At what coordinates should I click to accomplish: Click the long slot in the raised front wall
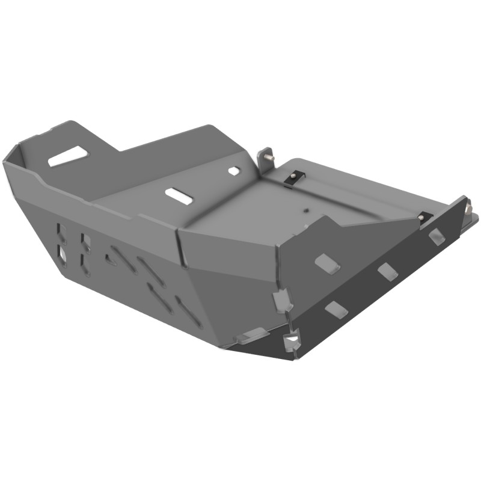[68, 156]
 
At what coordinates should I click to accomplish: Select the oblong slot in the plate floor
[179, 195]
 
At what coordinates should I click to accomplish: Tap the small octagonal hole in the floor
[234, 171]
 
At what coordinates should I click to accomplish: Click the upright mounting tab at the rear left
[265, 158]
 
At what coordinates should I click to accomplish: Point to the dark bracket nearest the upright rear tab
[294, 177]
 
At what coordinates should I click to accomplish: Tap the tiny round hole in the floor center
[306, 210]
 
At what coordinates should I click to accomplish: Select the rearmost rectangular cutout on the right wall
[437, 236]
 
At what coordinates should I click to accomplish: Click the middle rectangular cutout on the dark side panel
[388, 271]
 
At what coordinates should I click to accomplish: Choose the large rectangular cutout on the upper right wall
[327, 263]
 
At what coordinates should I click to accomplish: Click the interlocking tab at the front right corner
[283, 300]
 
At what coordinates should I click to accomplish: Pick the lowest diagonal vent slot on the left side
[188, 312]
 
